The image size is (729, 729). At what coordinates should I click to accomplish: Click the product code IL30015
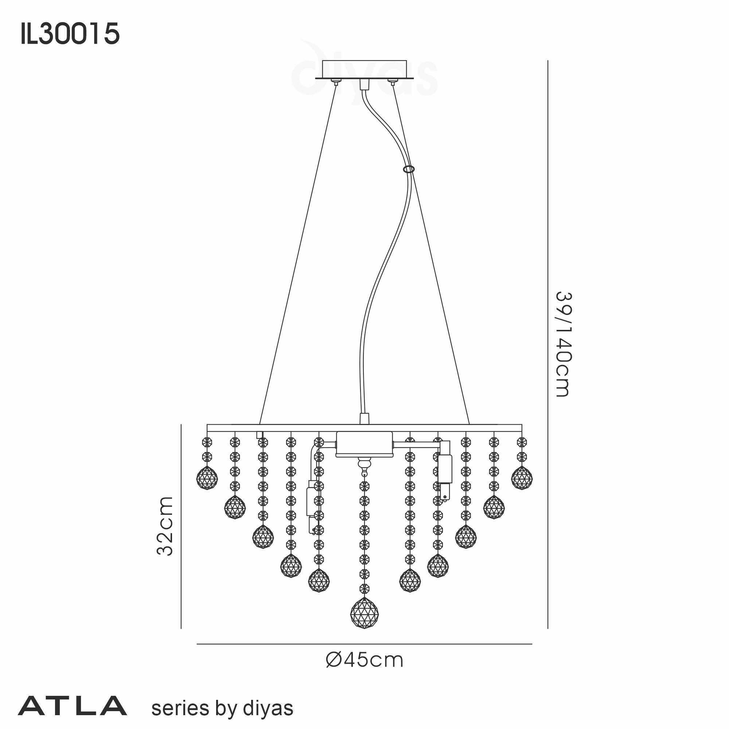[x=70, y=34]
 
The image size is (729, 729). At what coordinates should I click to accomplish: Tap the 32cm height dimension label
[x=165, y=526]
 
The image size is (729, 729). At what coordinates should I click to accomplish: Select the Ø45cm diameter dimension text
[x=364, y=660]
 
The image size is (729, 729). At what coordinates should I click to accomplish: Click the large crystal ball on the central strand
[x=364, y=613]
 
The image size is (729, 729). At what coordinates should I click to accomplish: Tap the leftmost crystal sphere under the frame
[x=207, y=478]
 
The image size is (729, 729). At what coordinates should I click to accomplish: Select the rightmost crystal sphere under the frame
[x=522, y=478]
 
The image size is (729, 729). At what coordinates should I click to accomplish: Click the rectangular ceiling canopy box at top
[x=364, y=69]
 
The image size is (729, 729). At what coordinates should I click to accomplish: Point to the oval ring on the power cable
[x=409, y=169]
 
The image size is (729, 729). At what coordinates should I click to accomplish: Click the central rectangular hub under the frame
[x=364, y=444]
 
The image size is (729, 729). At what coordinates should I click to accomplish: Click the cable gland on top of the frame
[x=364, y=418]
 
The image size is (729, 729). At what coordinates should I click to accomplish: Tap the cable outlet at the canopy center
[x=364, y=84]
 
